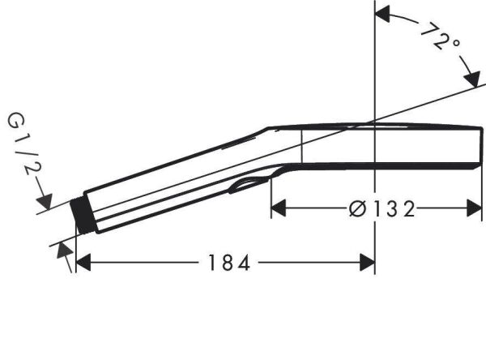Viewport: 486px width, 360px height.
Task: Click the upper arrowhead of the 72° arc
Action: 383,15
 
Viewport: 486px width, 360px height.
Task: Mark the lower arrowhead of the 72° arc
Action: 470,79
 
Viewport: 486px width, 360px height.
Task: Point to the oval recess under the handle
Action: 246,186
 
